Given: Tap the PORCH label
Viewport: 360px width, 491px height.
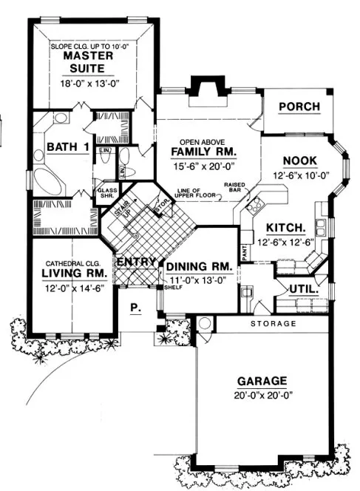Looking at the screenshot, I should (299, 107).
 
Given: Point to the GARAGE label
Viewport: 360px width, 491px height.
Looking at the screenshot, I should (262, 382).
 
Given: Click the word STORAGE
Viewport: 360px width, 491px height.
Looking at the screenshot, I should (273, 324).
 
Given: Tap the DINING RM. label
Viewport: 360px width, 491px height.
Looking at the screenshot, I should (199, 267).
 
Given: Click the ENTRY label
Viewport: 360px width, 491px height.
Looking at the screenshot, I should (136, 262).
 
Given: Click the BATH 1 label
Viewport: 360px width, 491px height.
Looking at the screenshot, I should (68, 147).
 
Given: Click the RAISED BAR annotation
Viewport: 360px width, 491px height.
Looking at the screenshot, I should (236, 187).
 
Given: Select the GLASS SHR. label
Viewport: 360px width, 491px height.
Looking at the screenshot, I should (107, 193).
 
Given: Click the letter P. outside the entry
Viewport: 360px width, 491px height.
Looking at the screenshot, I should (136, 309).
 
